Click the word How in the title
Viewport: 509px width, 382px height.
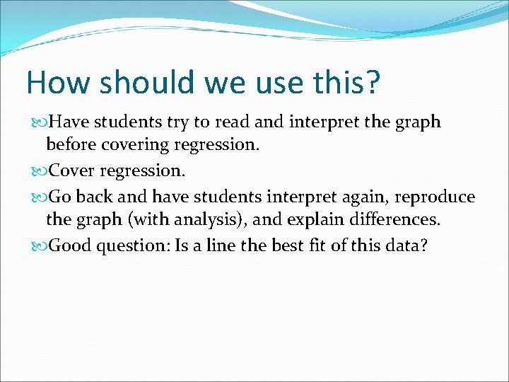[58, 83]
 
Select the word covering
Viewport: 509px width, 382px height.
[134, 146]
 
